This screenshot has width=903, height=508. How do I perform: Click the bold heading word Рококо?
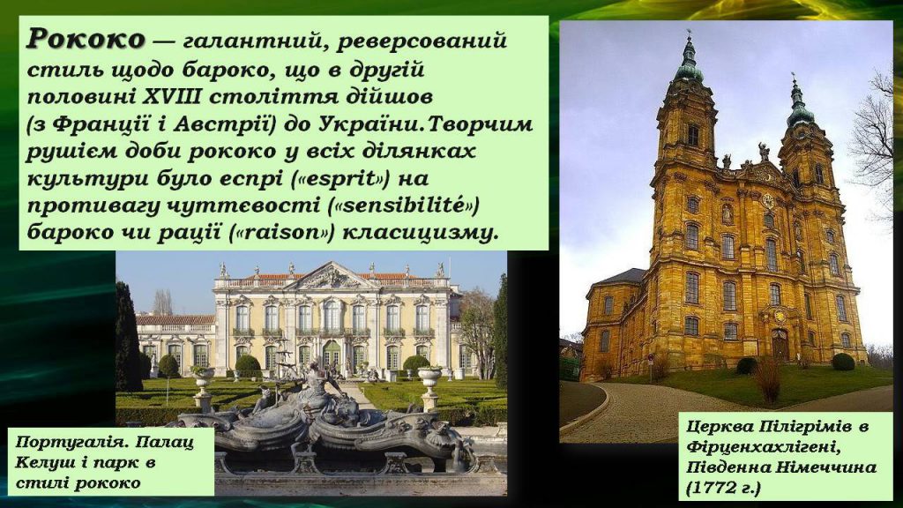(85, 41)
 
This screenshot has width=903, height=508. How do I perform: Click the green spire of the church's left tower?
(688, 62)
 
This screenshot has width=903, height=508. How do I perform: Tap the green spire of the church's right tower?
(799, 104)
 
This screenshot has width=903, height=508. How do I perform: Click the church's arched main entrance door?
(780, 345)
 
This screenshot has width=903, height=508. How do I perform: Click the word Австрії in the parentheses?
(177, 123)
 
